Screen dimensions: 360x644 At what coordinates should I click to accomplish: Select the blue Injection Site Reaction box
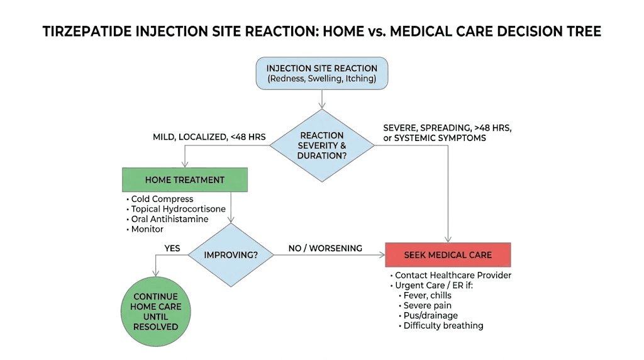coord(321,73)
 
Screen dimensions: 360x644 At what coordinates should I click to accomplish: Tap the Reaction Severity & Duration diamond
coord(321,145)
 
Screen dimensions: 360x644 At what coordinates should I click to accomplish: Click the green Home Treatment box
coord(184,180)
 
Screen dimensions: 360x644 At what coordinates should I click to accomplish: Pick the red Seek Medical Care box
coord(448,255)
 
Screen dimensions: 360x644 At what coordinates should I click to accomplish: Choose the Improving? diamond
coord(231,255)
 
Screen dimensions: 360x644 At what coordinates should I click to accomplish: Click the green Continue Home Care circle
coord(155,312)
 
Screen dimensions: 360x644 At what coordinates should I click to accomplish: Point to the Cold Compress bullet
coord(162,200)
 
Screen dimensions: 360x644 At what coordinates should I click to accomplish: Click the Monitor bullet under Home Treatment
coord(147,230)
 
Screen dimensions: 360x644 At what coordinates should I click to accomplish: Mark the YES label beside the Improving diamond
coord(172,249)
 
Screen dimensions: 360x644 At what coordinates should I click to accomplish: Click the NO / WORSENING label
coord(325,249)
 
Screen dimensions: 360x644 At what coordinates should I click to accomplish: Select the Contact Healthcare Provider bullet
coord(453,276)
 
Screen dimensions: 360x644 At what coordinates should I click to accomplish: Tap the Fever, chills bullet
coord(427,296)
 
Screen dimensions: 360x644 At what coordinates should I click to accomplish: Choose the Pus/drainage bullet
coord(431,316)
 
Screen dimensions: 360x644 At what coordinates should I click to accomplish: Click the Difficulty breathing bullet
coord(443,326)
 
